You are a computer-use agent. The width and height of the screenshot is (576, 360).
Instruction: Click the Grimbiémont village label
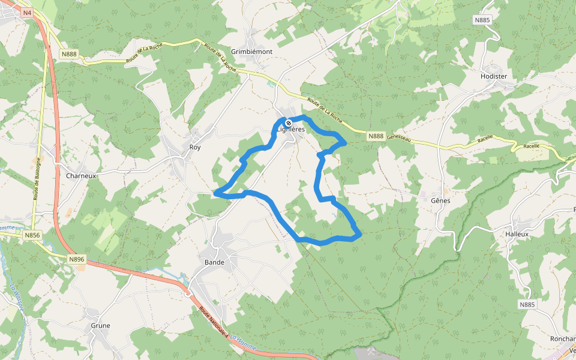[252, 52]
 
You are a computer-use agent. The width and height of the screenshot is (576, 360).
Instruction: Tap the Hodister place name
[494, 76]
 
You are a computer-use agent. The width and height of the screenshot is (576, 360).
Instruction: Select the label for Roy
[194, 147]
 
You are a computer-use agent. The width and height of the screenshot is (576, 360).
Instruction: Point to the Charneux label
[81, 176]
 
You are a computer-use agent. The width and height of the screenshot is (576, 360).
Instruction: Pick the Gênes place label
[440, 200]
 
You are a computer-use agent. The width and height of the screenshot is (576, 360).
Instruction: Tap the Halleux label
[517, 234]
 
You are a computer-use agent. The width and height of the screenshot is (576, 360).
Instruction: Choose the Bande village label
[214, 262]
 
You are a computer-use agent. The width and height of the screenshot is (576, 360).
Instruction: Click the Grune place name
[100, 326]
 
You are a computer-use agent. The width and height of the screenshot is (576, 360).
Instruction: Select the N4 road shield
[28, 13]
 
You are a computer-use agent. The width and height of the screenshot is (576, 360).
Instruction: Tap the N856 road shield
[32, 236]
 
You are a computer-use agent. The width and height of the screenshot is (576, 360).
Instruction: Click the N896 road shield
[77, 259]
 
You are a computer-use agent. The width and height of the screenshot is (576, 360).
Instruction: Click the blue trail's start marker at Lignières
[289, 122]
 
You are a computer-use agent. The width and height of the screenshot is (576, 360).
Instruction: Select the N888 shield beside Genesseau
[376, 136]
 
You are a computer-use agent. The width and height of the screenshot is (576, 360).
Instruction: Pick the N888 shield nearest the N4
[69, 54]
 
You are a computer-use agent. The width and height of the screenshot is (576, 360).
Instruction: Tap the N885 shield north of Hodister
[482, 20]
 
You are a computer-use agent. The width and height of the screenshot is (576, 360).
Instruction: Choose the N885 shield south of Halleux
[527, 305]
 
